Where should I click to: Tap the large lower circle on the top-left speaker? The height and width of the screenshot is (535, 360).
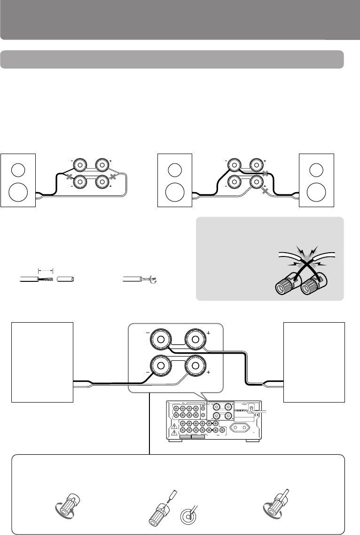(17, 191)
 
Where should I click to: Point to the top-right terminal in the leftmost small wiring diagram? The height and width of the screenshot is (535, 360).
(102, 165)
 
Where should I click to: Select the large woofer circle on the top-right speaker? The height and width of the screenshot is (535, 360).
(317, 191)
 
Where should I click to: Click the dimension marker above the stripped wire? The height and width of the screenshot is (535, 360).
(46, 271)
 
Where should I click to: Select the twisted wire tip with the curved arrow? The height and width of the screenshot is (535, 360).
(152, 280)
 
